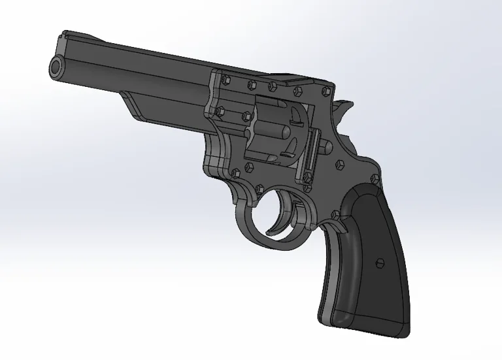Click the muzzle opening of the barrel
56,66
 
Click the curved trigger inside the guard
280,216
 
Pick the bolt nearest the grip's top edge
375,178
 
